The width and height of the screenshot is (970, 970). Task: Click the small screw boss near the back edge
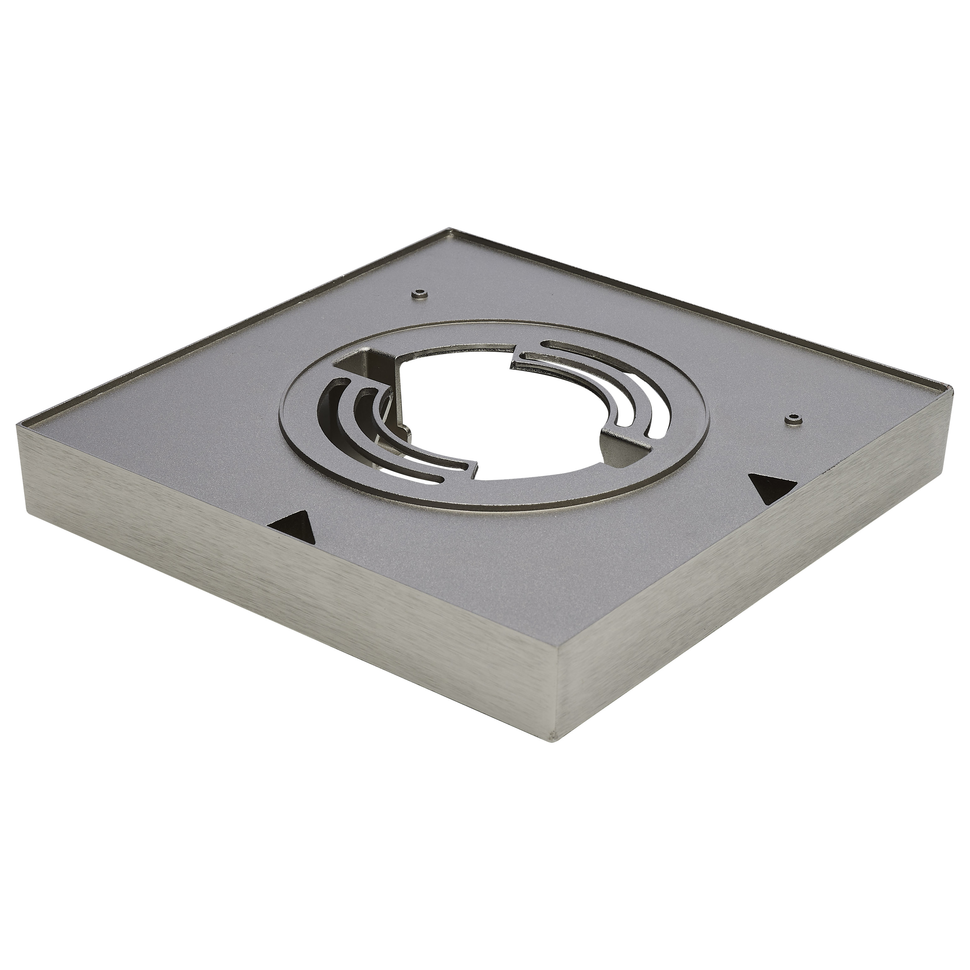[x=418, y=294]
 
